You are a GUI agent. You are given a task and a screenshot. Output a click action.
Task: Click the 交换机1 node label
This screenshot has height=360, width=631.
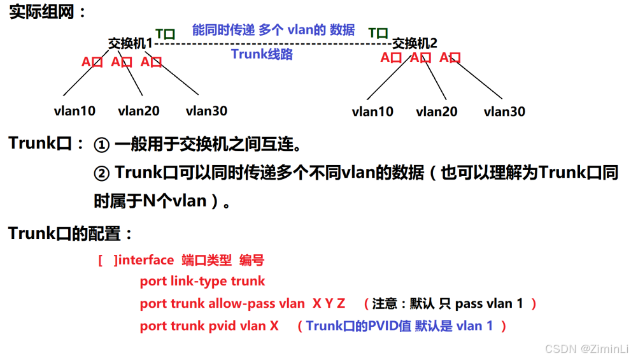pyautogui.click(x=131, y=43)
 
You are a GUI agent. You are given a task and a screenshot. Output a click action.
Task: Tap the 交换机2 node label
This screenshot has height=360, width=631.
pyautogui.click(x=415, y=43)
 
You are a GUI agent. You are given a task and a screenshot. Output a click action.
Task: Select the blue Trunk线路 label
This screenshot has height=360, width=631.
pyautogui.click(x=262, y=54)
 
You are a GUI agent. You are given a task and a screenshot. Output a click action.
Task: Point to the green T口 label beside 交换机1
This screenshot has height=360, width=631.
pyautogui.click(x=165, y=34)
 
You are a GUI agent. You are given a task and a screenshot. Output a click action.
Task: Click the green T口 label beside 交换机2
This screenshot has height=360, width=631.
pyautogui.click(x=378, y=32)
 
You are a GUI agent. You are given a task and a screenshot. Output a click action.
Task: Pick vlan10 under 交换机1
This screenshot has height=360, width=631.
pyautogui.click(x=74, y=111)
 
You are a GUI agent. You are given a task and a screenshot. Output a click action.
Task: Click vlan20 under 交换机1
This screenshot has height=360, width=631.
pyautogui.click(x=139, y=111)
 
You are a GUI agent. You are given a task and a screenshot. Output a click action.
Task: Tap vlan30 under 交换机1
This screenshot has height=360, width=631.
pyautogui.click(x=206, y=111)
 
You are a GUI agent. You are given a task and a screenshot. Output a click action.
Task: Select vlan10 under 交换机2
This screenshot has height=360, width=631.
pyautogui.click(x=372, y=112)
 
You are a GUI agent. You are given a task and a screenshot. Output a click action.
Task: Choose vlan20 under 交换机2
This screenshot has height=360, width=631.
pyautogui.click(x=437, y=112)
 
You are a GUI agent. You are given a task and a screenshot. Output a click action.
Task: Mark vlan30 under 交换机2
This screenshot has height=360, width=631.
pyautogui.click(x=504, y=112)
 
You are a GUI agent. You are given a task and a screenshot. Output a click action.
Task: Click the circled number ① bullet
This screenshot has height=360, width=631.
pyautogui.click(x=102, y=145)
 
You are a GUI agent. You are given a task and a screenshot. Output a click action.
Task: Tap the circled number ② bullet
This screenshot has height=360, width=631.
pyautogui.click(x=102, y=173)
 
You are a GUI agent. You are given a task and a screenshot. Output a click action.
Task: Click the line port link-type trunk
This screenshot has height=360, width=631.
pyautogui.click(x=202, y=281)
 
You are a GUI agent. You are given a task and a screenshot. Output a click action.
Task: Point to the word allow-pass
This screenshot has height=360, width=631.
pyautogui.click(x=247, y=303)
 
